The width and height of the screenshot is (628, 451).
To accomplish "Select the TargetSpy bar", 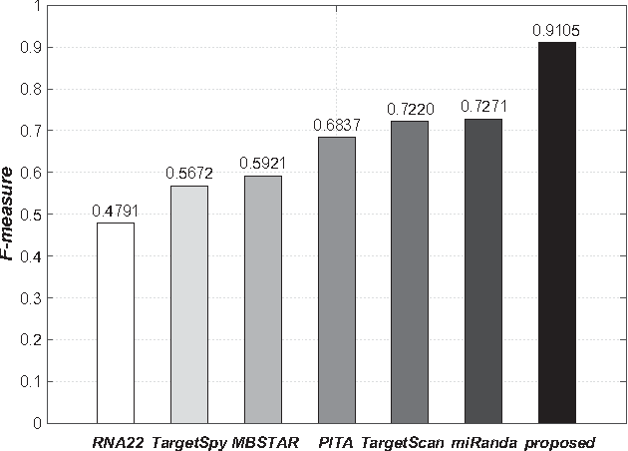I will pos(189,304).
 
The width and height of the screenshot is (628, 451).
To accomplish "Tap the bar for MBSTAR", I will pos(263,299).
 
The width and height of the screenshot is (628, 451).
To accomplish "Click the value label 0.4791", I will pos(116,212).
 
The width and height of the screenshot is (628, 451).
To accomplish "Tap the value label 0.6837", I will pos(337,126).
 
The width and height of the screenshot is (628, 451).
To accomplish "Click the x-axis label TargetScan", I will pos(403,440).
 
